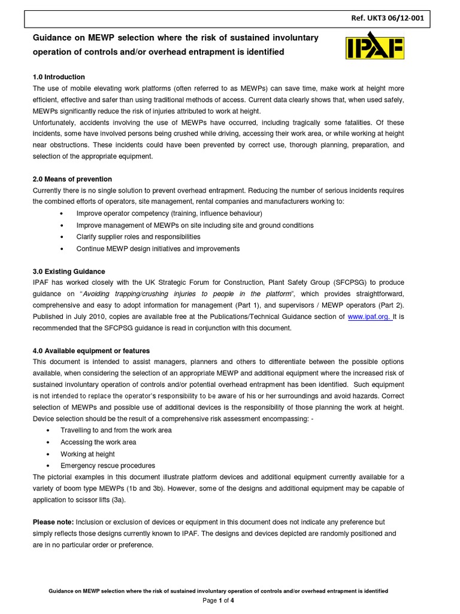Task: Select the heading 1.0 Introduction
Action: point(59,77)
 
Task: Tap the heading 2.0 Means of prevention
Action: point(72,179)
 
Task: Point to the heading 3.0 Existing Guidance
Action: point(69,271)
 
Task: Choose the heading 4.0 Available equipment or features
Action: point(91,351)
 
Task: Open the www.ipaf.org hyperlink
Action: point(369,317)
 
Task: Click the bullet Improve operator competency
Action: point(169,214)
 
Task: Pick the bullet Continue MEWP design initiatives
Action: point(158,248)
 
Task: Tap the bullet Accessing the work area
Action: point(98,443)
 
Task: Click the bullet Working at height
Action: point(87,454)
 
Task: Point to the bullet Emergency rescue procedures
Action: point(107,465)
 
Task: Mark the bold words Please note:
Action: point(53,522)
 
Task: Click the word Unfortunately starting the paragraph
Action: point(57,122)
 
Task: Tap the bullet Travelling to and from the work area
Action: point(116,431)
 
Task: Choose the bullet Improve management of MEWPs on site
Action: point(195,225)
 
